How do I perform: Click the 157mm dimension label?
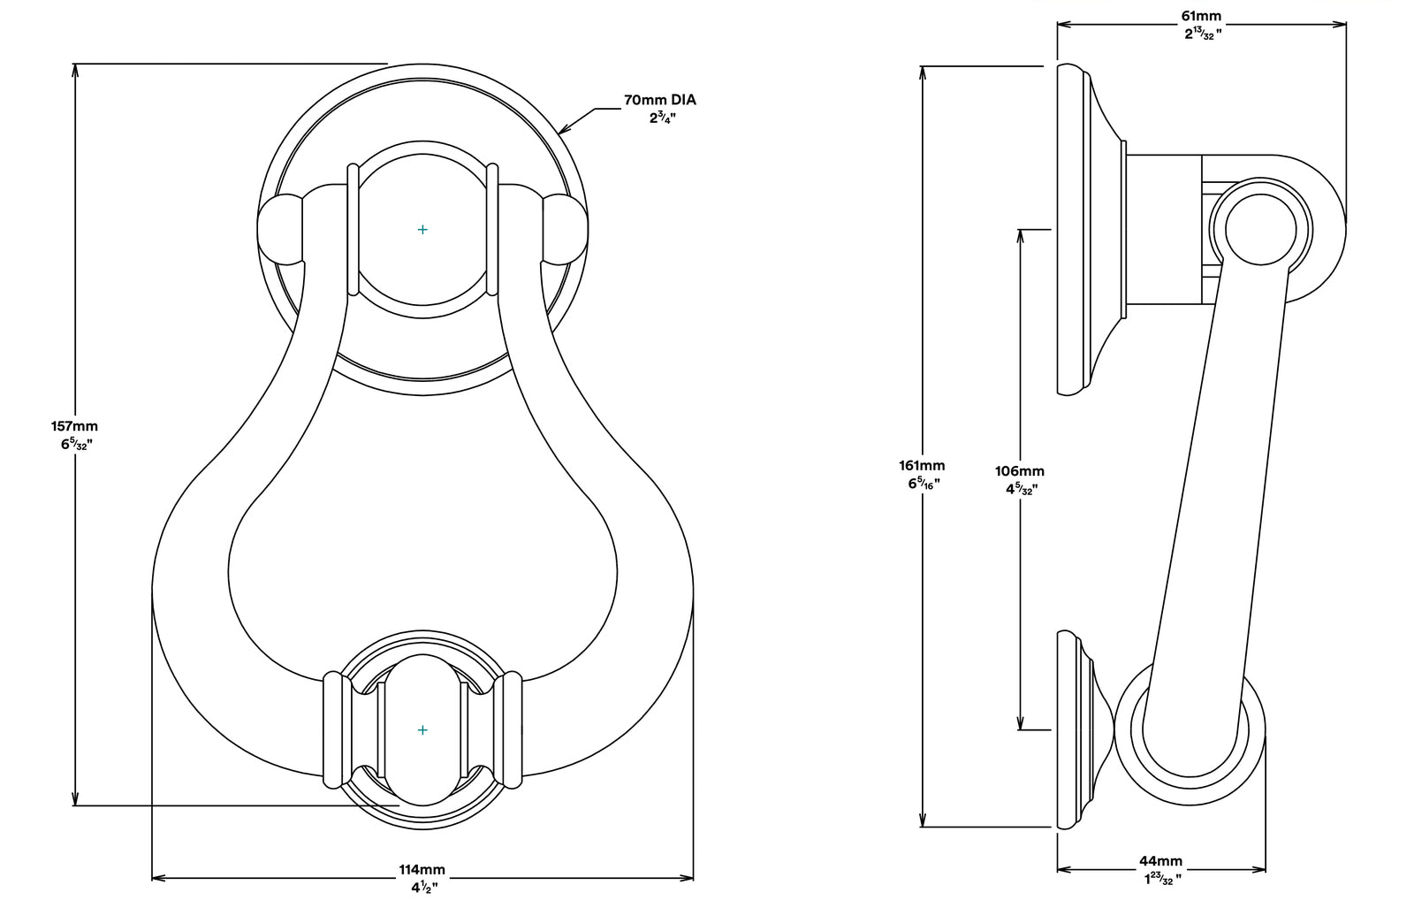(x=74, y=426)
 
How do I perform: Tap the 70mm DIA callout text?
(x=660, y=100)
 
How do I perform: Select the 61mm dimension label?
(x=1202, y=16)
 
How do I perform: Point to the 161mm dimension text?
(x=922, y=465)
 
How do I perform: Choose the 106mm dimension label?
(x=1021, y=471)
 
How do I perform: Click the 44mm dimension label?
(x=1160, y=861)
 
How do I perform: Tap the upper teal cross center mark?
(x=422, y=230)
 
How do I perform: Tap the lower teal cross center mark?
(x=422, y=730)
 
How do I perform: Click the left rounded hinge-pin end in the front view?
(x=279, y=229)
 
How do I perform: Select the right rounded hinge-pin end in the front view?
(x=565, y=229)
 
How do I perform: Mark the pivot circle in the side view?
(x=1258, y=228)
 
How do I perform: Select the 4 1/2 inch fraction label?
(x=423, y=887)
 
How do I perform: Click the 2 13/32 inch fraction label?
(x=1203, y=34)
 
